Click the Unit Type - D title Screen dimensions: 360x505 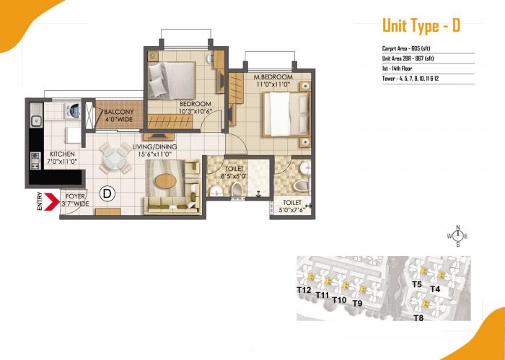[x=421, y=27]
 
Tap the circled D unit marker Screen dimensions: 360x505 [x=107, y=193]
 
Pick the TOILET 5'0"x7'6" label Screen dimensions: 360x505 [x=292, y=207]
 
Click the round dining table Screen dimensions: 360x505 [x=115, y=158]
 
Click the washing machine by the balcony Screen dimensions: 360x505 [x=72, y=113]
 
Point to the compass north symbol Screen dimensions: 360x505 [x=457, y=236]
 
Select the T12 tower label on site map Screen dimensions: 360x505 [x=304, y=290]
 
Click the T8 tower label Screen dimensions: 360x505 [x=418, y=317]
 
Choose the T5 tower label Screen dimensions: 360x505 [x=416, y=284]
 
